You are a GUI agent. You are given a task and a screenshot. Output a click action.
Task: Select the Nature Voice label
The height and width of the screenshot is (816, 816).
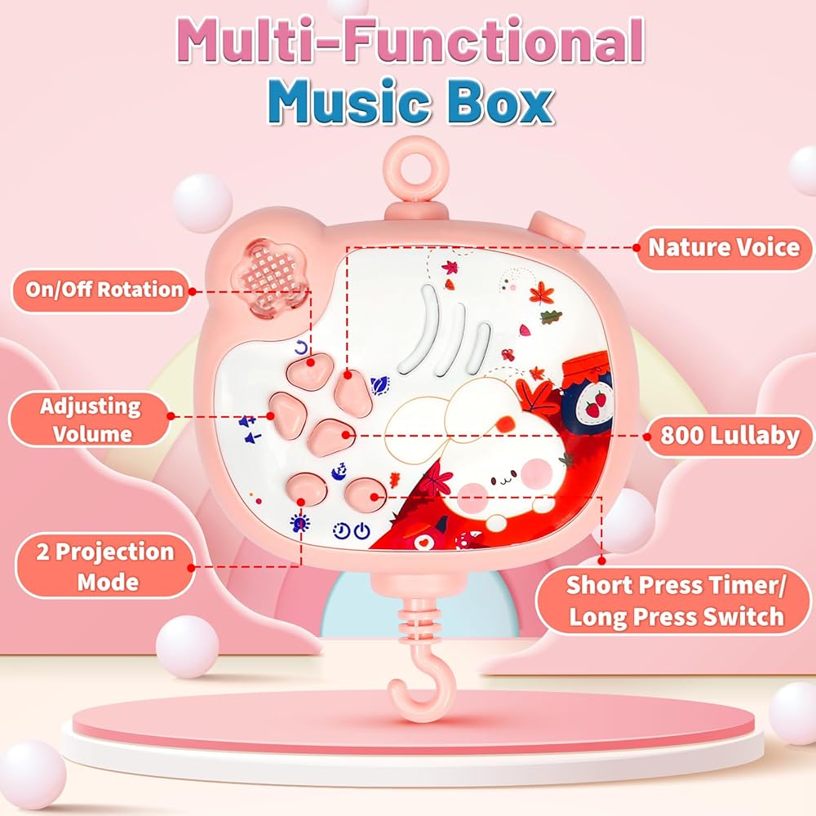(x=723, y=247)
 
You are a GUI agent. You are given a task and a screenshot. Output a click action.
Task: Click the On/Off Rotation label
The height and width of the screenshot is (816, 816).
(x=104, y=290)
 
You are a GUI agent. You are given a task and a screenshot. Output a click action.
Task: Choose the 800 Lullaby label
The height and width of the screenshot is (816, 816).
(x=729, y=436)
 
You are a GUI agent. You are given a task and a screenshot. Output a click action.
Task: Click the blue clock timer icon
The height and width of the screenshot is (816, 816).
(x=342, y=533)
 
